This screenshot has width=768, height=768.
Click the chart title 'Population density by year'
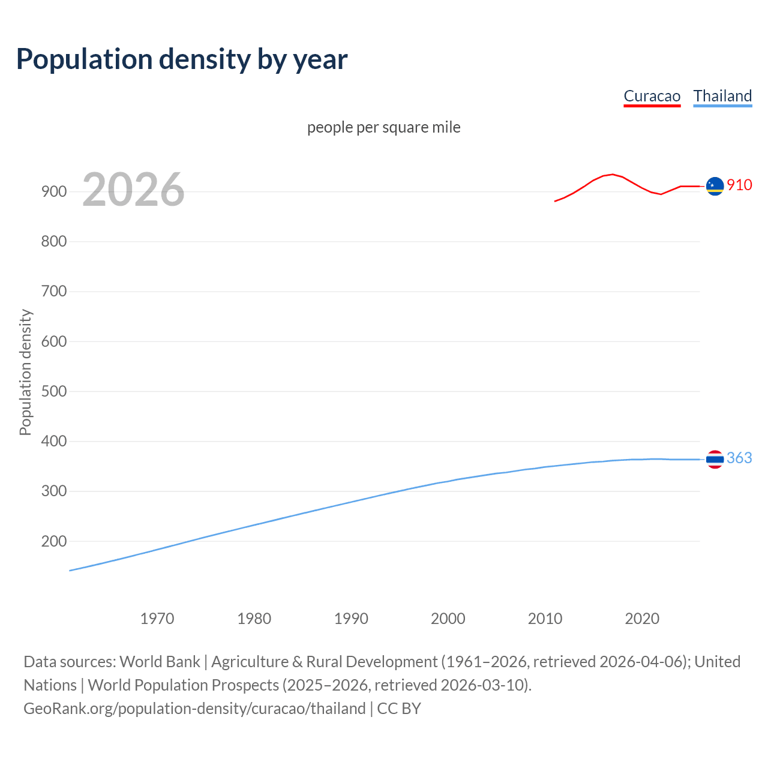182,59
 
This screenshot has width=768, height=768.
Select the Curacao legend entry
652,96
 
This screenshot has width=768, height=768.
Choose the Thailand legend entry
722,96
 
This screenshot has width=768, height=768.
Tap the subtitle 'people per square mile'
383,127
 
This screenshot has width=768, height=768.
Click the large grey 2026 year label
133,190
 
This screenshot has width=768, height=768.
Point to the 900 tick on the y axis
53,192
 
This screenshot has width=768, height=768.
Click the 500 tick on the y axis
53,391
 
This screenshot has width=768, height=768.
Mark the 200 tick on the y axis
53,541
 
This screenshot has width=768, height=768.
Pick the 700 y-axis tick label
53,292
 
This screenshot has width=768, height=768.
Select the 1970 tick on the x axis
157,619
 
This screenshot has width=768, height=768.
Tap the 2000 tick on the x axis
448,619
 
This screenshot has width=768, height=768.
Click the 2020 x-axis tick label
642,619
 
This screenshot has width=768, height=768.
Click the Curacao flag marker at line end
715,187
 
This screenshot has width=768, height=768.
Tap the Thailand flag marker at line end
715,460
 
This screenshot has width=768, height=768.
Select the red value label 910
739,185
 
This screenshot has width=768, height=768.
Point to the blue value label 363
739,458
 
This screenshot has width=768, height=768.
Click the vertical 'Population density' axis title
25,372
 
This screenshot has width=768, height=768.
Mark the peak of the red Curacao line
612,174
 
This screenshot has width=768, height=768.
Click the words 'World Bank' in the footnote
160,662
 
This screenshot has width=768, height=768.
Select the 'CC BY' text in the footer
399,709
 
